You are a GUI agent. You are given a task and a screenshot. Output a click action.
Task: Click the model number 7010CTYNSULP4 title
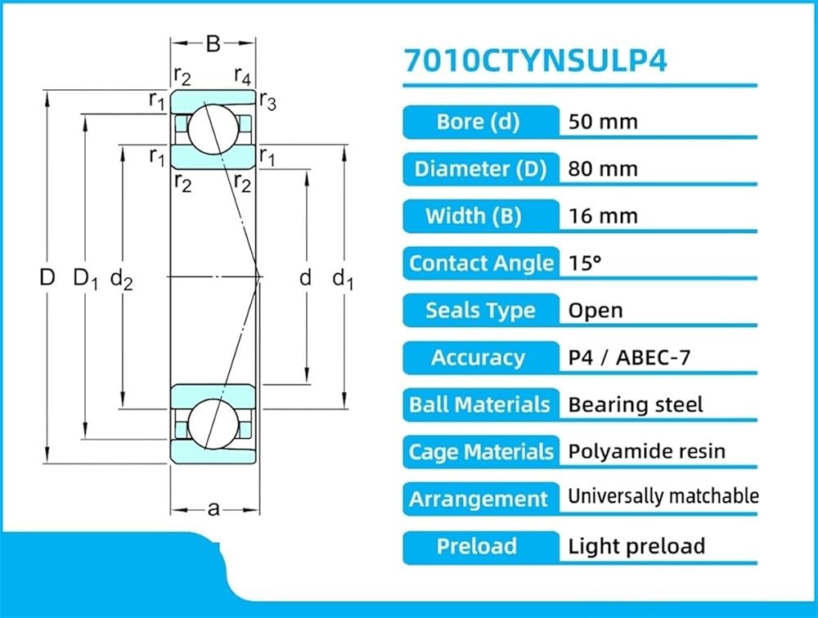click(536, 60)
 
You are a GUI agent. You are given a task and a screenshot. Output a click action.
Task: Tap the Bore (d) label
click(478, 122)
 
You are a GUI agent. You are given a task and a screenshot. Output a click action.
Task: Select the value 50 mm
click(603, 122)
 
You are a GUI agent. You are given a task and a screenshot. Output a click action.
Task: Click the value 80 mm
click(603, 169)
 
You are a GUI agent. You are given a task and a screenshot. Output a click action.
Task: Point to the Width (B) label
click(473, 216)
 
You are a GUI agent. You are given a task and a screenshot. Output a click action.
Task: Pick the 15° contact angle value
click(585, 263)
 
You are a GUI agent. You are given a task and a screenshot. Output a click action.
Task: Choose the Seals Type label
click(480, 311)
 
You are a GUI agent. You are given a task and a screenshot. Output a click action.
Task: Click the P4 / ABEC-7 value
click(629, 357)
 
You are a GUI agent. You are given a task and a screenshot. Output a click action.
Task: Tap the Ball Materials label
click(479, 405)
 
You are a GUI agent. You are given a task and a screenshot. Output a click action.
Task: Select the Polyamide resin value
click(646, 451)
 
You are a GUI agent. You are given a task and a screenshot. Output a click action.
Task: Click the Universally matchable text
click(663, 496)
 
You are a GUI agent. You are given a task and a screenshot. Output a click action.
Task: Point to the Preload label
click(476, 546)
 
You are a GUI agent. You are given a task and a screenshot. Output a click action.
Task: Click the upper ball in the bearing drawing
click(213, 128)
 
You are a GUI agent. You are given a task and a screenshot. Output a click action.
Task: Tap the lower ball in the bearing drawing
click(213, 423)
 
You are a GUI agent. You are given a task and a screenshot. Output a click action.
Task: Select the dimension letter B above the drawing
click(213, 44)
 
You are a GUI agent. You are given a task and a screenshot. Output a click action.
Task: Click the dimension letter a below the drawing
click(213, 508)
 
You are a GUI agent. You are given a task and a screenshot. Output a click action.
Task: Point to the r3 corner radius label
click(268, 101)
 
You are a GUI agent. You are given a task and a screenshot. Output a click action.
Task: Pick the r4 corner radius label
click(243, 76)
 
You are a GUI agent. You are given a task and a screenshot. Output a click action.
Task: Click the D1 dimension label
click(86, 278)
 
